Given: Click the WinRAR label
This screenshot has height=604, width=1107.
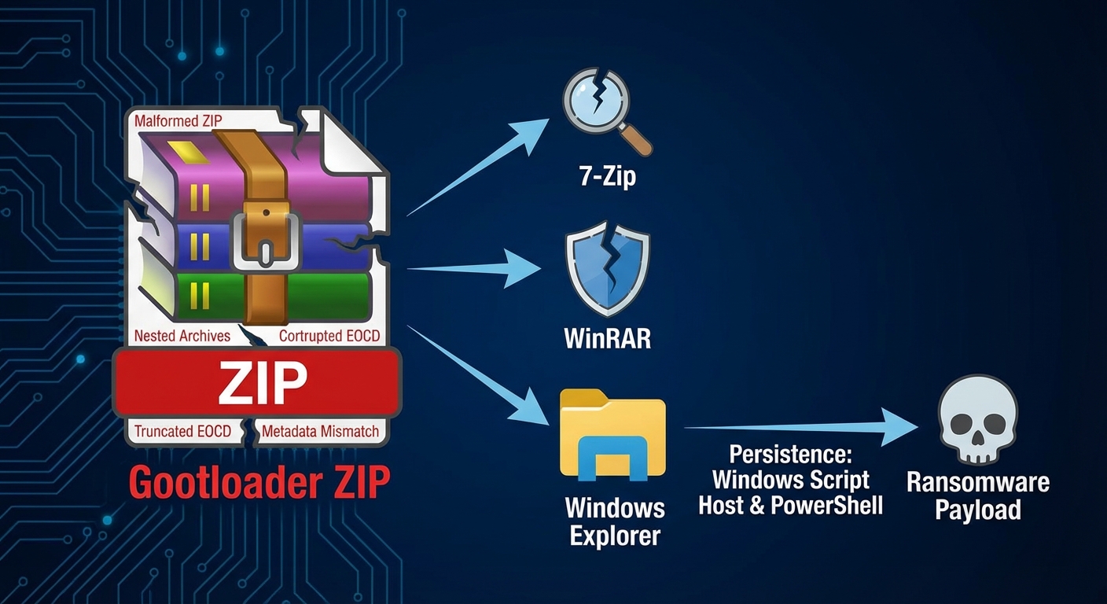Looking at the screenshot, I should pyautogui.click(x=607, y=337).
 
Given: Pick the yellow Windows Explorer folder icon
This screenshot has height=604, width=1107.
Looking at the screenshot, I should pyautogui.click(x=612, y=437).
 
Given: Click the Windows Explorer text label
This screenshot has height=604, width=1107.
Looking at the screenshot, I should pyautogui.click(x=615, y=521).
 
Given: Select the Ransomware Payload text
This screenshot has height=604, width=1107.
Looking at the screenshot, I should pyautogui.click(x=977, y=495).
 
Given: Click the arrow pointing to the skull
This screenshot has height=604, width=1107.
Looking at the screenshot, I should pyautogui.click(x=802, y=428).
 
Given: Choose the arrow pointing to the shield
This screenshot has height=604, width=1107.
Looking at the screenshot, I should pyautogui.click(x=476, y=269).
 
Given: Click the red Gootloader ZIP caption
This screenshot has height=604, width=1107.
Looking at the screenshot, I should pyautogui.click(x=259, y=482).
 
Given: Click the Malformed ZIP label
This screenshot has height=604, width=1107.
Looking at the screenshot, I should pyautogui.click(x=178, y=121).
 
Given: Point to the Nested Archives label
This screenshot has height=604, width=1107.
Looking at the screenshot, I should pyautogui.click(x=182, y=336).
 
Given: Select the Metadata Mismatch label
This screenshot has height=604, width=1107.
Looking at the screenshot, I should pyautogui.click(x=320, y=431).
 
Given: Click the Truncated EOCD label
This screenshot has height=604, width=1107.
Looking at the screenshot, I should pyautogui.click(x=182, y=431).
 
